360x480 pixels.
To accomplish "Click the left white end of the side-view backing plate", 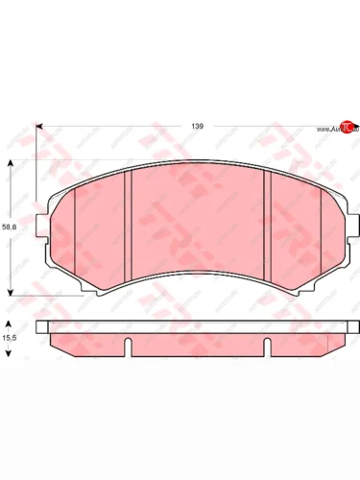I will pyautogui.click(x=43, y=327).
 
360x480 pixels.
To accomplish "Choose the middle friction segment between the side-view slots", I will pyautogui.click(x=197, y=345).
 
